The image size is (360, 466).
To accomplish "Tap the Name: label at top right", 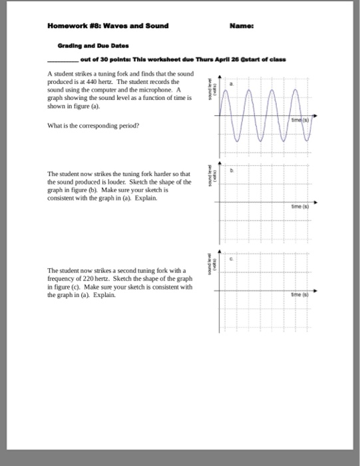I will [x=240, y=26].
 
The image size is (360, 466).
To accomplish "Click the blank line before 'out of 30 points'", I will [x=63, y=59].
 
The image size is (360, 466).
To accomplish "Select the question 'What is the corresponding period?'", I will [x=83, y=124].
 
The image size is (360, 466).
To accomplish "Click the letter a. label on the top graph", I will [x=232, y=85].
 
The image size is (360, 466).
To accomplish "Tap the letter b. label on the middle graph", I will [x=232, y=170].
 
